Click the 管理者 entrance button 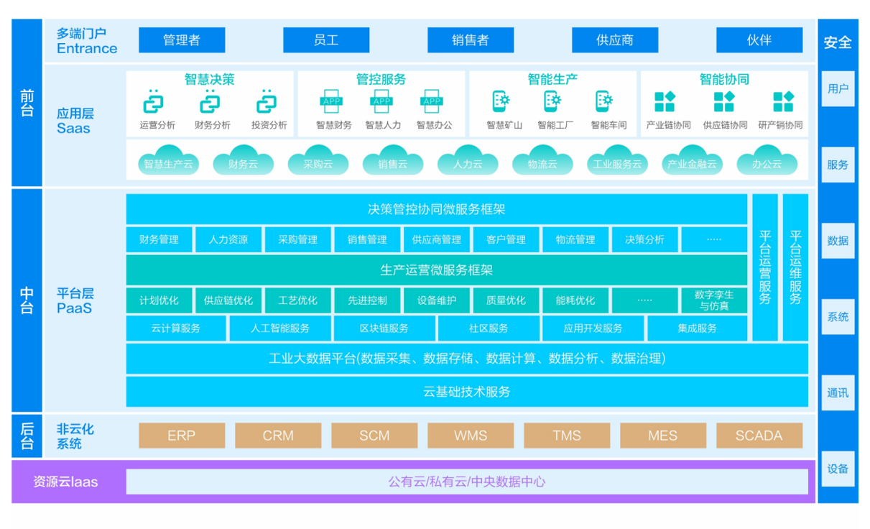pos(182,40)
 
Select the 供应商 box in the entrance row pos(615,40)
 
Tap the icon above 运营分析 pos(153,103)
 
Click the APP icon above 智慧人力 pos(381,102)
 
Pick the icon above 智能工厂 pos(552,101)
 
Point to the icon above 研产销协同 pos(782,102)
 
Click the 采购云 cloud pos(318,163)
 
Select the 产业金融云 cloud pos(692,163)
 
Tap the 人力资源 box pos(228,239)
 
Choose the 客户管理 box pos(506,239)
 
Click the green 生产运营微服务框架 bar pos(436,270)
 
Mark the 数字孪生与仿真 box pos(713,300)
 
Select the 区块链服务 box pos(384,328)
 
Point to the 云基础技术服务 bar pos(466,392)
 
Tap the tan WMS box pos(471,436)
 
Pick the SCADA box pos(759,436)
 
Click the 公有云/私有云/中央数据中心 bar pos(466,482)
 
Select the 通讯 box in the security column pos(838,392)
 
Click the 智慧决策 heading pos(209,79)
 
